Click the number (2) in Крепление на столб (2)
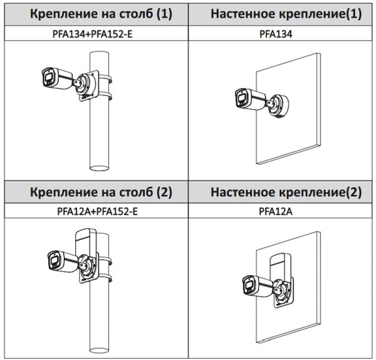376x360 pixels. click(163, 193)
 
